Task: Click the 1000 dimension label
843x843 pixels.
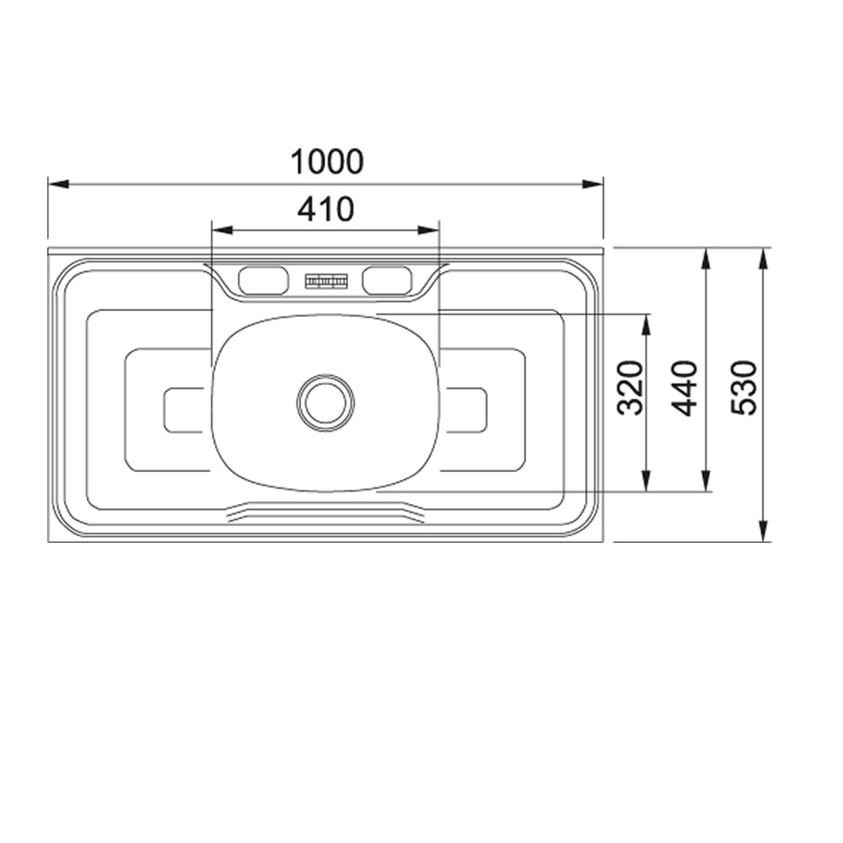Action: pyautogui.click(x=327, y=161)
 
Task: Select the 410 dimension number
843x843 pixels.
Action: pyautogui.click(x=325, y=209)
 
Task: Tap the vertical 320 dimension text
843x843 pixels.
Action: pyautogui.click(x=630, y=388)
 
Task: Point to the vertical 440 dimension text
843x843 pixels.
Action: pyautogui.click(x=685, y=388)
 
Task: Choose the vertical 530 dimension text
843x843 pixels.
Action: pyautogui.click(x=744, y=388)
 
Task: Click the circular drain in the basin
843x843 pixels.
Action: pyautogui.click(x=325, y=403)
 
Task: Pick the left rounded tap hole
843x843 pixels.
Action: pyautogui.click(x=263, y=281)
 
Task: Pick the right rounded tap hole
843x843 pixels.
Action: pyautogui.click(x=387, y=281)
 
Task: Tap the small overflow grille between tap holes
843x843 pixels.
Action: pyautogui.click(x=325, y=281)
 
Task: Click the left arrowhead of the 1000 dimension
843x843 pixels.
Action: pyautogui.click(x=58, y=184)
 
